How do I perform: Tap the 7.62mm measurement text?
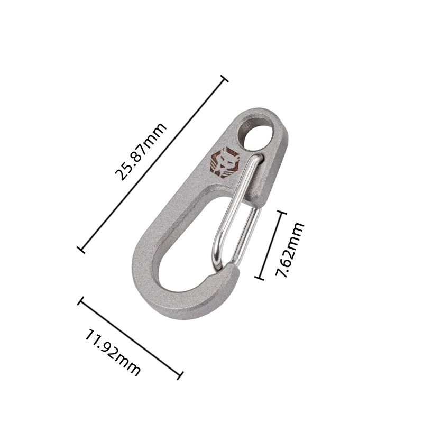[291, 250]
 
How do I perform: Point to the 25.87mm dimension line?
[153, 164]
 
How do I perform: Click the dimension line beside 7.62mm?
[270, 245]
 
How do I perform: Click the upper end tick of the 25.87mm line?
[225, 79]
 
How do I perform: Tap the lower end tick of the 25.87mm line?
[81, 249]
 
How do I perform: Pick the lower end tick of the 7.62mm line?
[259, 277]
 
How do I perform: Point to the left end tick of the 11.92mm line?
[80, 301]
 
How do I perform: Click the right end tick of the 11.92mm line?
[180, 375]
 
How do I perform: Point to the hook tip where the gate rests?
[233, 271]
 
